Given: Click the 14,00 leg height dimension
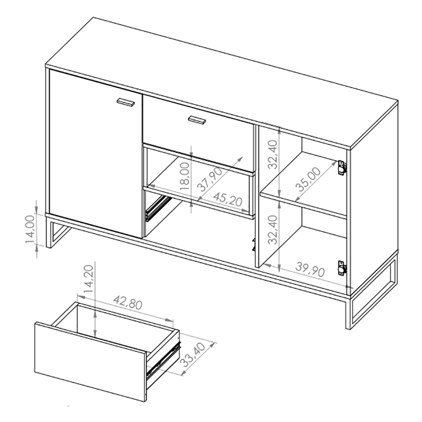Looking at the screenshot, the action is click(x=30, y=229).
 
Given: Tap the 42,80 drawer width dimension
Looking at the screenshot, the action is click(x=127, y=302).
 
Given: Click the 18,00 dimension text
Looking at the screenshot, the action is click(x=185, y=176).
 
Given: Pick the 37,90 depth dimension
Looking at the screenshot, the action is click(x=210, y=179).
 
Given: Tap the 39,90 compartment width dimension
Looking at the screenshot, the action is click(x=310, y=269).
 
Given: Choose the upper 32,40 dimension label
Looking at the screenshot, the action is click(x=273, y=154).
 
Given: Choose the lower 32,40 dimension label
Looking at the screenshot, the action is click(x=273, y=230).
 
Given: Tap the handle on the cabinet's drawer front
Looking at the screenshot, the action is click(x=197, y=120).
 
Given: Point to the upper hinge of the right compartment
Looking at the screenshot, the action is click(x=341, y=168).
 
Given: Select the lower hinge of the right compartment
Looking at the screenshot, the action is click(x=341, y=268).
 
